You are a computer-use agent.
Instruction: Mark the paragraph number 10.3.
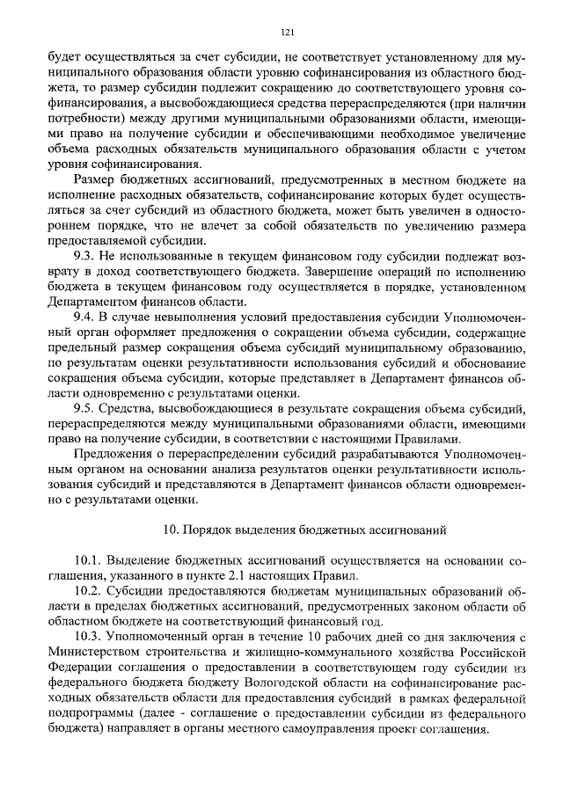pos(91,636)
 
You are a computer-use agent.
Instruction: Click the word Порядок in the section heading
pos(214,529)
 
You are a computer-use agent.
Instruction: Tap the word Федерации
pos(77,666)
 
